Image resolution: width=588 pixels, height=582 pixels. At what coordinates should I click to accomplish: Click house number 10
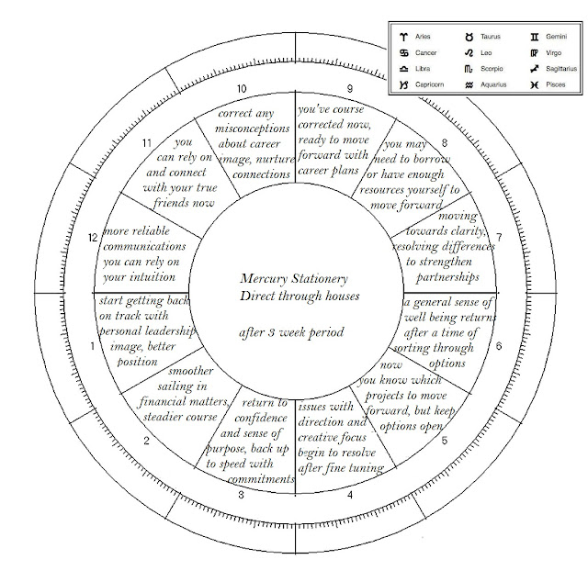coord(242,89)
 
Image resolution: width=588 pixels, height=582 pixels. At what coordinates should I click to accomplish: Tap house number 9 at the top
coord(350,89)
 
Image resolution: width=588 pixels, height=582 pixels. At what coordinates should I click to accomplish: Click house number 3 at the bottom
coord(241,497)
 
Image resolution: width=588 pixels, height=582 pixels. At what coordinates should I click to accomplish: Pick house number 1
coord(91,347)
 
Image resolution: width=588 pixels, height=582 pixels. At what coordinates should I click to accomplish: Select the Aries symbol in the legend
coord(403,36)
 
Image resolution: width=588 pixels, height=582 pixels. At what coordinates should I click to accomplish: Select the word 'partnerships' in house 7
coord(441,277)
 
